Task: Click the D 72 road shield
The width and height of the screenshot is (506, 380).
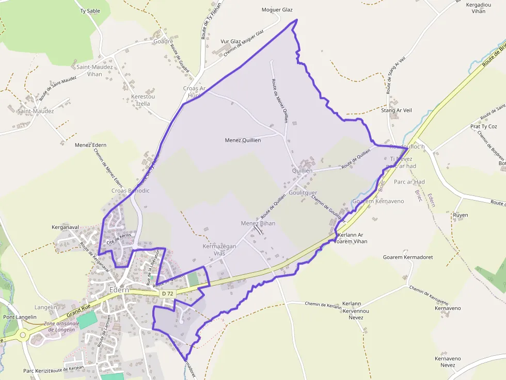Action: (166, 293)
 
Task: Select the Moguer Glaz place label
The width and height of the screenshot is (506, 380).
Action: (277, 10)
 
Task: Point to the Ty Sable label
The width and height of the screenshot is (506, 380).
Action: (90, 10)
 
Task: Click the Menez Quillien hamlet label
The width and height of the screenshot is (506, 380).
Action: (243, 140)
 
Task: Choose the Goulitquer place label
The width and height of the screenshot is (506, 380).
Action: (303, 193)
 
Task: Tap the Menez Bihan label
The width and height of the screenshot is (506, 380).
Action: (258, 223)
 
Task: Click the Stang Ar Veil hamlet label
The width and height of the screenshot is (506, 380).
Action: (396, 110)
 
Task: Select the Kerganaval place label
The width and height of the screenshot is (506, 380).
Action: (65, 227)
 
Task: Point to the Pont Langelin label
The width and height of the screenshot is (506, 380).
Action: (20, 317)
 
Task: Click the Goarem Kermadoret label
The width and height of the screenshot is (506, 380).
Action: (407, 257)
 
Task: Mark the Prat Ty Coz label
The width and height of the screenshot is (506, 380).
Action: (483, 126)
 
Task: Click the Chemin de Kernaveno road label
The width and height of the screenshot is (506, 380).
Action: (429, 295)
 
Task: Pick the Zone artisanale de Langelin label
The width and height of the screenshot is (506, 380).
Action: (62, 326)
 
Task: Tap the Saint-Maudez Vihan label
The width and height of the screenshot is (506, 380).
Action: (89, 71)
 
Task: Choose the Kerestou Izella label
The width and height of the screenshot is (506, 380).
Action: (143, 100)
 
